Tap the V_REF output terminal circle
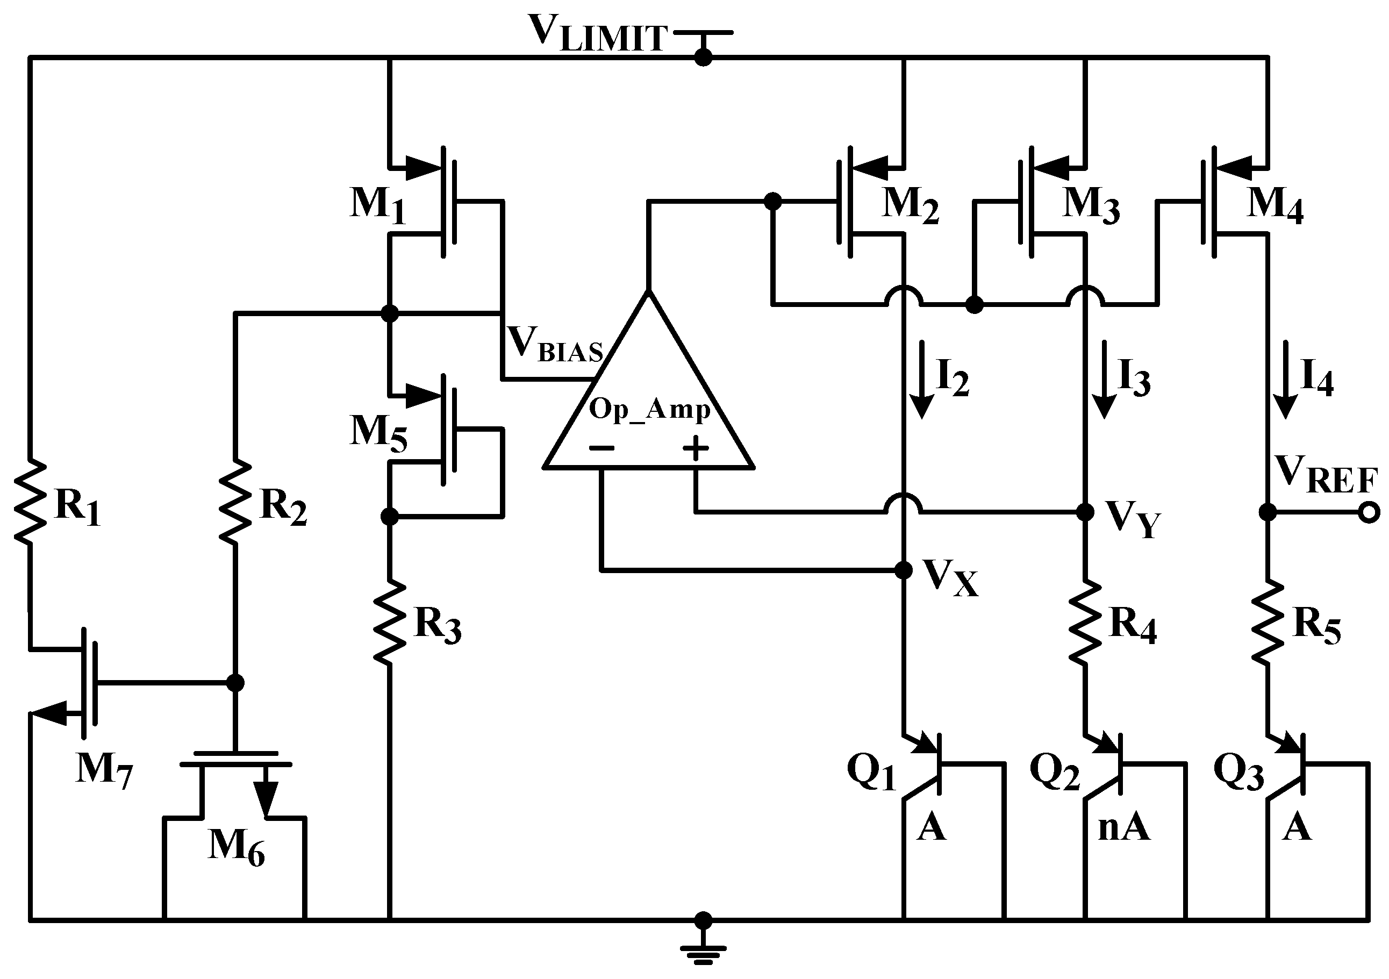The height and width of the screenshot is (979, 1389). click(1369, 512)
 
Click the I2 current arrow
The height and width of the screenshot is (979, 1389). click(921, 380)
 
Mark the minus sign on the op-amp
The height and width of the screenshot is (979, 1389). click(602, 448)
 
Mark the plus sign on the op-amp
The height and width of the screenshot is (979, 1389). click(696, 448)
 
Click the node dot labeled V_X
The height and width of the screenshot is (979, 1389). click(903, 569)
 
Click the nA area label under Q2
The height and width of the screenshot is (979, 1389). click(1123, 828)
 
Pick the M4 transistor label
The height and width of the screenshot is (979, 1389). click(1275, 204)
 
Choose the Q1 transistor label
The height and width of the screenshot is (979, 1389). click(871, 773)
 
